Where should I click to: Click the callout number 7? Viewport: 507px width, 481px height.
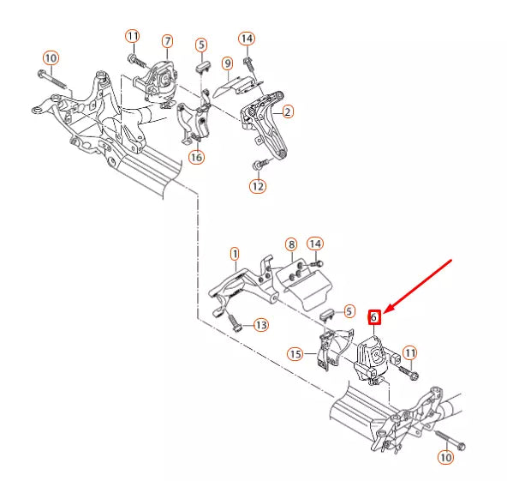pyautogui.click(x=167, y=40)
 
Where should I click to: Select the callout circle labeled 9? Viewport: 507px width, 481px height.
pyautogui.click(x=227, y=63)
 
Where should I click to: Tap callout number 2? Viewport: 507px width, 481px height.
pyautogui.click(x=288, y=111)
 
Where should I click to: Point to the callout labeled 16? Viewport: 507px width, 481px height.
pyautogui.click(x=197, y=157)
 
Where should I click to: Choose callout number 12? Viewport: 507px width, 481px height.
pyautogui.click(x=258, y=185)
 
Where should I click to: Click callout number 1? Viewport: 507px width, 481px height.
pyautogui.click(x=235, y=254)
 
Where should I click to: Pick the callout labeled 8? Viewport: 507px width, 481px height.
pyautogui.click(x=291, y=244)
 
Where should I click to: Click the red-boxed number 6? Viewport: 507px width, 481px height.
pyautogui.click(x=373, y=316)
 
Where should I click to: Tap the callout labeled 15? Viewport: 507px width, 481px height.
pyautogui.click(x=295, y=353)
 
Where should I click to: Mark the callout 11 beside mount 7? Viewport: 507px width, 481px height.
pyautogui.click(x=132, y=36)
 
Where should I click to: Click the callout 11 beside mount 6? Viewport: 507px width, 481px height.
pyautogui.click(x=409, y=352)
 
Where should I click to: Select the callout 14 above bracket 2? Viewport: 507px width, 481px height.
pyautogui.click(x=247, y=39)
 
